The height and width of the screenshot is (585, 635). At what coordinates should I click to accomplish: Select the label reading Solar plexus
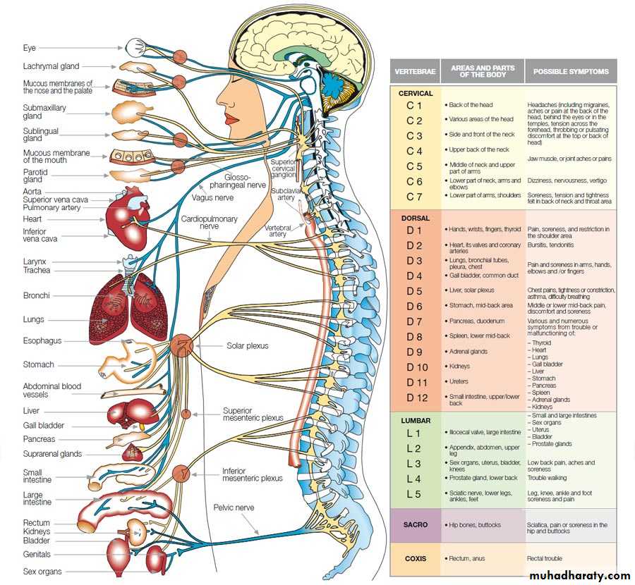tap(247, 346)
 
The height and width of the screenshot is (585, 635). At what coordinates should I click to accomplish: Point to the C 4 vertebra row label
tap(414, 151)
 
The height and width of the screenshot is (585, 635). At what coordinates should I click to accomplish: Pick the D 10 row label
tap(417, 367)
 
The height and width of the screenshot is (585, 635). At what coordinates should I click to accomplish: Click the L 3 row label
tap(413, 463)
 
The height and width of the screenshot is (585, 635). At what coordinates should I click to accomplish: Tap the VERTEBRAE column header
tap(415, 71)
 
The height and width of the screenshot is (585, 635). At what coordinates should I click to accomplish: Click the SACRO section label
tap(416, 525)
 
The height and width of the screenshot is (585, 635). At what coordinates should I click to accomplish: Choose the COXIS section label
tap(416, 558)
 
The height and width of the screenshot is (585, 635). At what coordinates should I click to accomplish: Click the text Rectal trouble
tap(545, 558)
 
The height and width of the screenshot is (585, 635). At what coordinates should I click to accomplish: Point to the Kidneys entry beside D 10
tap(461, 367)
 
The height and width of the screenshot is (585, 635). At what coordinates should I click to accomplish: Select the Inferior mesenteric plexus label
tap(252, 474)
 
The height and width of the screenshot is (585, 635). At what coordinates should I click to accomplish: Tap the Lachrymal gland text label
tap(51, 66)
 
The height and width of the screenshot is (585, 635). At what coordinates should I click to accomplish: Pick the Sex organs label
tap(42, 572)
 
